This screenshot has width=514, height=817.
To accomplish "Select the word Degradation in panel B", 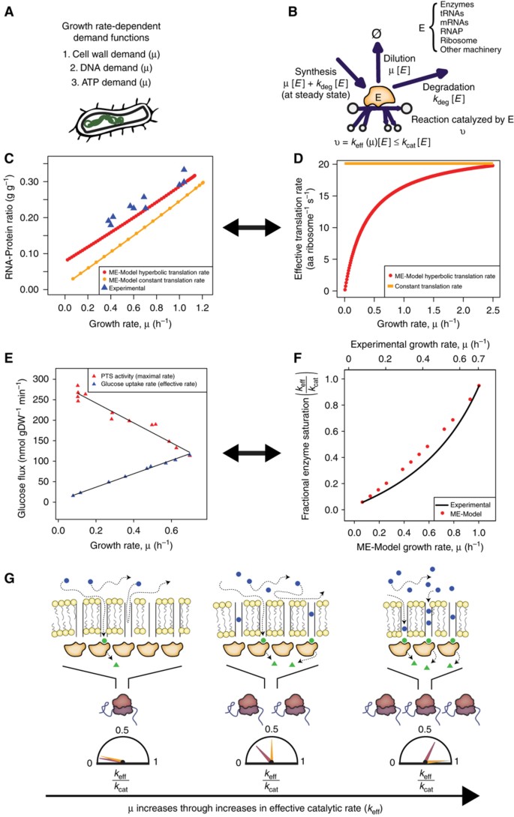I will [x=450, y=86].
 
